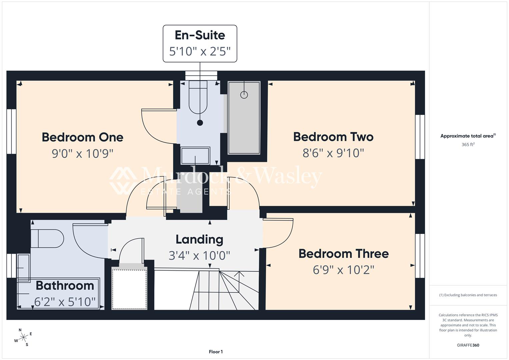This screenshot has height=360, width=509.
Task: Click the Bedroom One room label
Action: point(82,137)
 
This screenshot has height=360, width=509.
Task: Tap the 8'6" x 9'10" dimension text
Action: point(333,153)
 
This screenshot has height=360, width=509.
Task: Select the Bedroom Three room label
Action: point(344,254)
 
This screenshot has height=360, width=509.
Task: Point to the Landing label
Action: point(200,240)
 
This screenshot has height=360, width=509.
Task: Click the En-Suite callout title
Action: point(200,35)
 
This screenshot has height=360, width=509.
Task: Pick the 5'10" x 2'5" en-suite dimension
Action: point(200,51)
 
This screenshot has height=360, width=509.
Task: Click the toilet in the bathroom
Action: point(47,238)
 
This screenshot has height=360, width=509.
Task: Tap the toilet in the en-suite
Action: point(198,97)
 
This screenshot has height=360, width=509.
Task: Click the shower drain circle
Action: point(244,95)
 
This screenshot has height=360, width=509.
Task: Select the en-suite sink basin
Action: point(195,155)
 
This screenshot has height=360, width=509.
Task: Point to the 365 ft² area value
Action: point(468,144)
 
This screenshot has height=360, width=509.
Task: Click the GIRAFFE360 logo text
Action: point(468,345)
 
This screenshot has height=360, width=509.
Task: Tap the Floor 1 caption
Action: point(216,352)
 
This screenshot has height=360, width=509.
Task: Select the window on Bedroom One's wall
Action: point(11,132)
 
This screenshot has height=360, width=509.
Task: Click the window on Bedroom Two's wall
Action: point(420,137)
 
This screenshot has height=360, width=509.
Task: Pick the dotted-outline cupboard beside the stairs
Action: point(130,289)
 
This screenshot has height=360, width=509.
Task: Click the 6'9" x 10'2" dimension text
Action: point(343,270)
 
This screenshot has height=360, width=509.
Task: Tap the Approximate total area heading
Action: point(468,136)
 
